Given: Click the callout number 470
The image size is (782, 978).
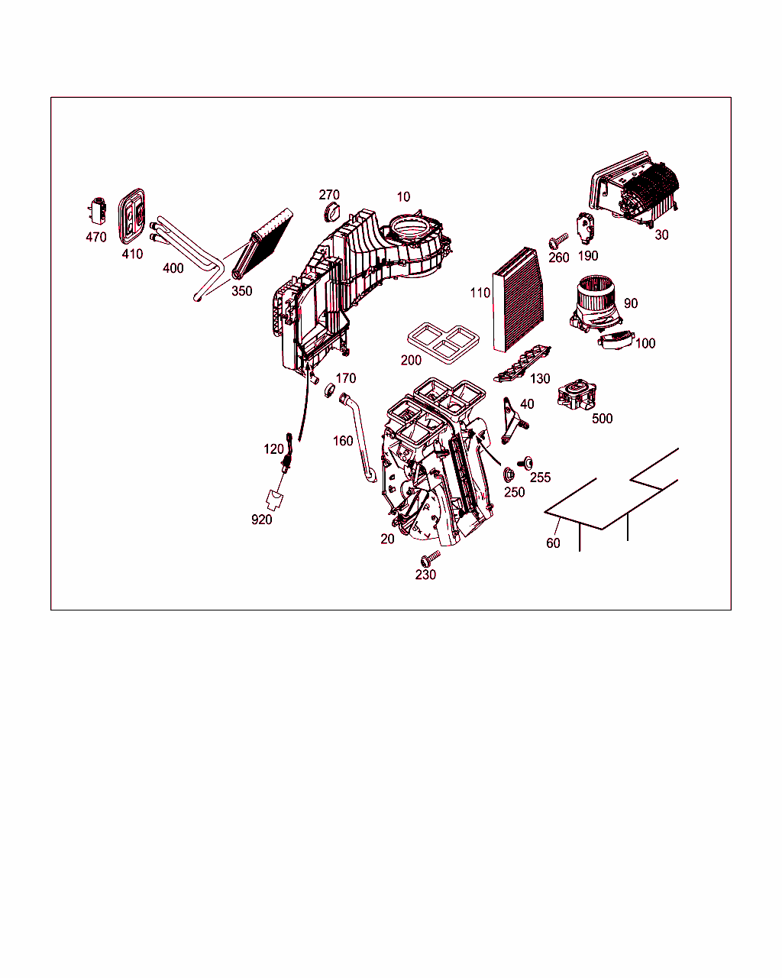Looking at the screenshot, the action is tap(96, 237).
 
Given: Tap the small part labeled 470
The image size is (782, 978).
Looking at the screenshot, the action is tap(98, 211).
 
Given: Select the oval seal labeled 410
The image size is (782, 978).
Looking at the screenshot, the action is tap(132, 216).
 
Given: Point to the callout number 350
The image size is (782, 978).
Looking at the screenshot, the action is tap(242, 291).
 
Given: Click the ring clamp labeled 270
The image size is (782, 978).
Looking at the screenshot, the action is tap(331, 212).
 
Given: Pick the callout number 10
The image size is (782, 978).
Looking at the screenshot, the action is tap(403, 197).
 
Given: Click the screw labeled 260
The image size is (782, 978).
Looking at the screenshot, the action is tap(558, 241).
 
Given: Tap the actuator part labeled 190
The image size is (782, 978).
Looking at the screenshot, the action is tap(586, 228).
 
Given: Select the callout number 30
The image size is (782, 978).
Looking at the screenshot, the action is tap(661, 235).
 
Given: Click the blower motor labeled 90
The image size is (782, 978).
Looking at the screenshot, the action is tap(596, 303).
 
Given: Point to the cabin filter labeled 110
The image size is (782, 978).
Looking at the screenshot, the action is tap(518, 300).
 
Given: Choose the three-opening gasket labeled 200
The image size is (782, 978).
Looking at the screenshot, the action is tap(443, 343).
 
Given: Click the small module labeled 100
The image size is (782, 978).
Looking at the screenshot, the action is tap(616, 340).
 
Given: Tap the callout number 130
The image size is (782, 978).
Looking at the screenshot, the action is tap(540, 378).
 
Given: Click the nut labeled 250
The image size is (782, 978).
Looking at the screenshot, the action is tap(509, 475).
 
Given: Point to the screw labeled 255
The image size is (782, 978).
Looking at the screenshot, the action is tap(525, 463).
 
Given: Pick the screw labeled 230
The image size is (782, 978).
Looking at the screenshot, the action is tap(430, 559).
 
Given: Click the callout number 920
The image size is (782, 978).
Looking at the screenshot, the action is tap(262, 520).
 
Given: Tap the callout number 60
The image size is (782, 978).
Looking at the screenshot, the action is tap(553, 543).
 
